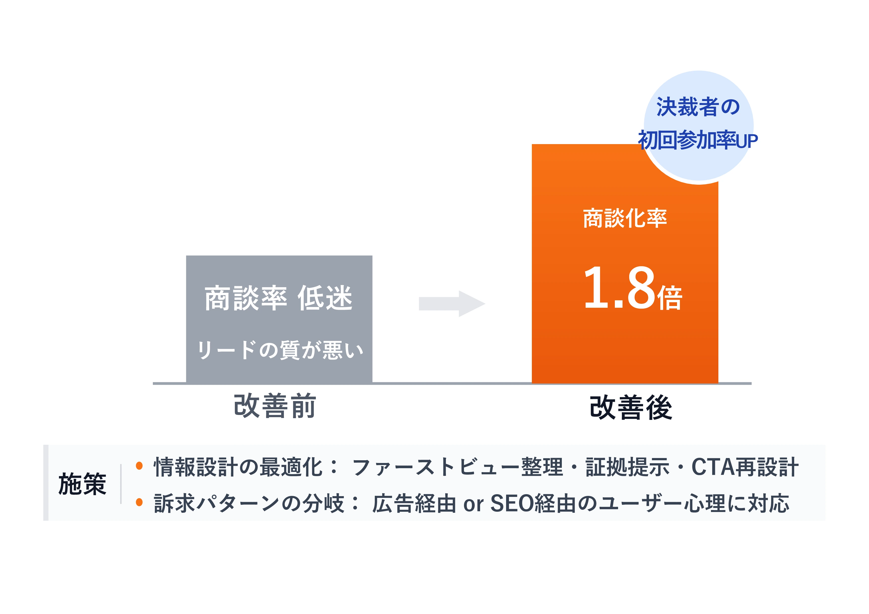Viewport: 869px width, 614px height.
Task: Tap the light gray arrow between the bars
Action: point(452,303)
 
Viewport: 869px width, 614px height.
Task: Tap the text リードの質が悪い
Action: point(280,350)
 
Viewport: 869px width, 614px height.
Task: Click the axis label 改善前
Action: point(275,406)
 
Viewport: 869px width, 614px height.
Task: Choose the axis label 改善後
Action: point(631,408)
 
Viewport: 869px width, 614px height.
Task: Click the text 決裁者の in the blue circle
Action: point(698,107)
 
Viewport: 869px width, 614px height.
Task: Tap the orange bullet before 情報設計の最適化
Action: point(139,466)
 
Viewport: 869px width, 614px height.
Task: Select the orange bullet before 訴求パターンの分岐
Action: point(139,502)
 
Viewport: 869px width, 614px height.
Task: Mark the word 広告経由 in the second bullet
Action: point(414,504)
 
